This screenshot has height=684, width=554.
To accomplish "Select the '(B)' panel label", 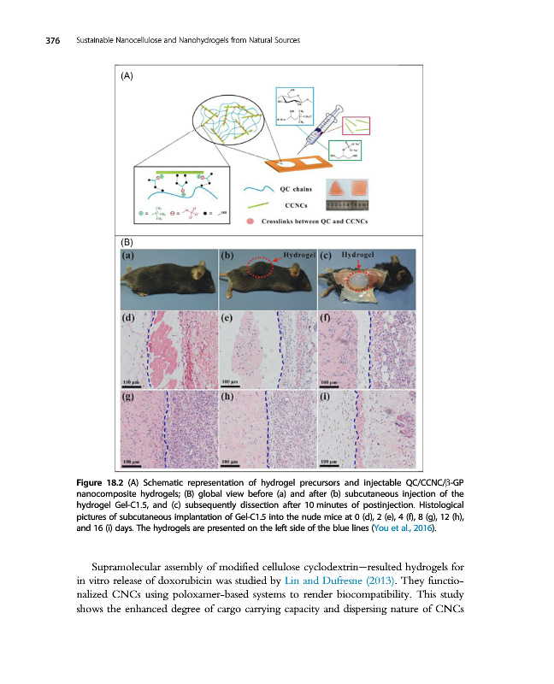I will click(x=127, y=242).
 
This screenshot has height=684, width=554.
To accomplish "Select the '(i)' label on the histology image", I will click(x=325, y=397).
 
